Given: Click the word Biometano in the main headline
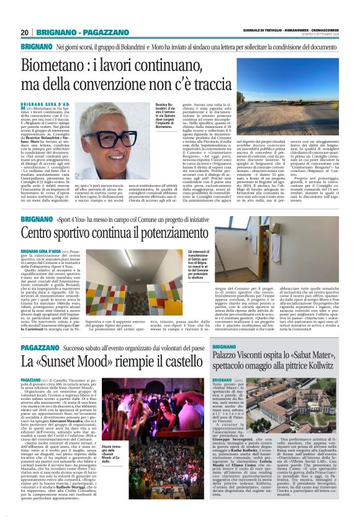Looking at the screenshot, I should point(55,65).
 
